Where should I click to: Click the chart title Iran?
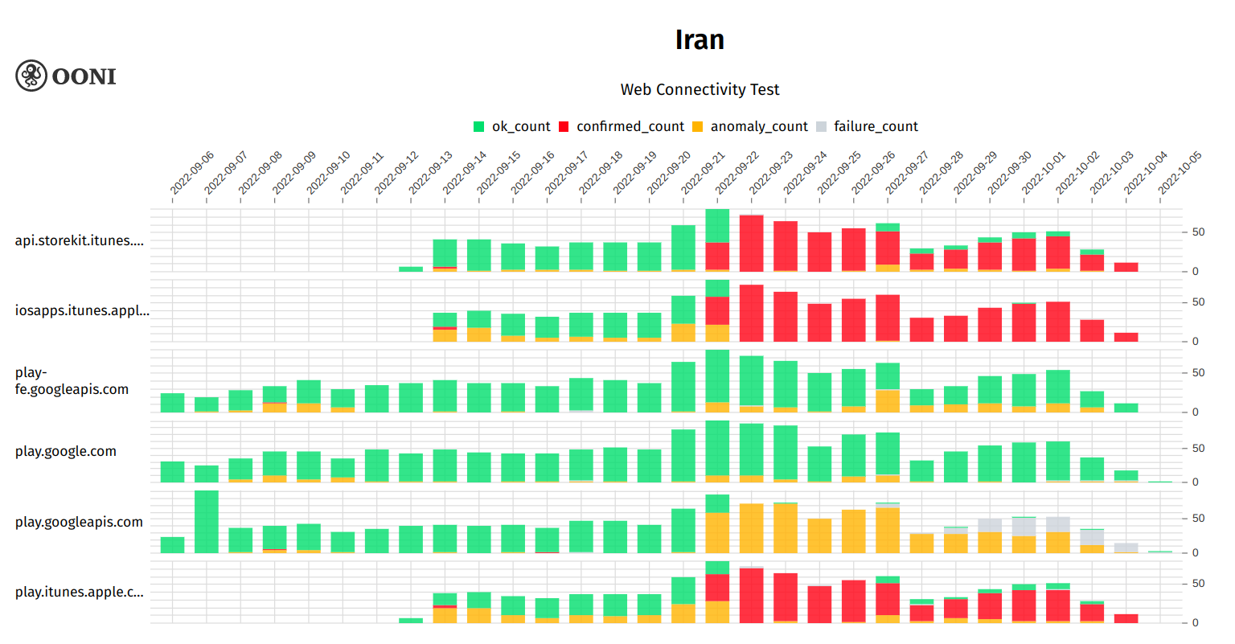click(700, 40)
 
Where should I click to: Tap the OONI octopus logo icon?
click(31, 76)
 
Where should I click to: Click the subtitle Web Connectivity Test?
click(700, 89)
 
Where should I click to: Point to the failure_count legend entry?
click(875, 127)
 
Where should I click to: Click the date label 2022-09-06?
click(191, 173)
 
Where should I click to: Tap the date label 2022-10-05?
click(1180, 173)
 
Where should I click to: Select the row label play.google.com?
click(66, 452)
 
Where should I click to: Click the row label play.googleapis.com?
click(79, 523)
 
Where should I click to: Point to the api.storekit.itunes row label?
click(80, 241)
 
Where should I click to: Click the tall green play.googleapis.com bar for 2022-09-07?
click(207, 521)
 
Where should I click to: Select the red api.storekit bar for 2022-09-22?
click(752, 244)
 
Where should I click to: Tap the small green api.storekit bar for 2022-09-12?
click(411, 269)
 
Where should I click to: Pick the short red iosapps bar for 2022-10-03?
click(1126, 337)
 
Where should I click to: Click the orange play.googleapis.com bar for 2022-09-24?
click(820, 535)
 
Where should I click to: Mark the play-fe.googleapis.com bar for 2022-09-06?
click(173, 403)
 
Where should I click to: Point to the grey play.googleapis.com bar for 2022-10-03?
click(1126, 548)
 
